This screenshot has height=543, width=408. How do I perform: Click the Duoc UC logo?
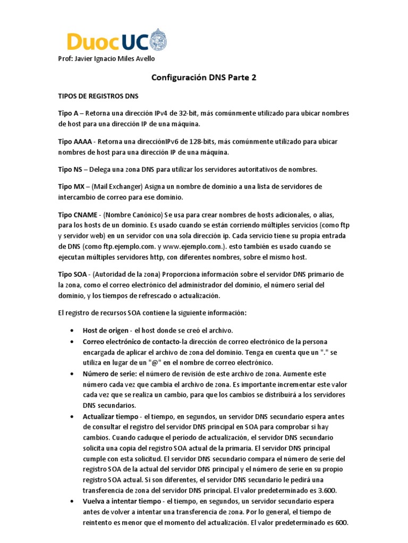click(x=112, y=41)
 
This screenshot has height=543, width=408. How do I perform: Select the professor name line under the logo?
click(x=107, y=58)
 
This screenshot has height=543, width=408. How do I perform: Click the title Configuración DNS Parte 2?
click(x=204, y=77)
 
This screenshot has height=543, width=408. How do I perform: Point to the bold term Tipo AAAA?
click(x=75, y=142)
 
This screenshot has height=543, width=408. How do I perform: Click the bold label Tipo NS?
click(x=70, y=170)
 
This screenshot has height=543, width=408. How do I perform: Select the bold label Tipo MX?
click(x=70, y=187)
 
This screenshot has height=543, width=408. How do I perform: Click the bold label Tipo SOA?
click(x=72, y=274)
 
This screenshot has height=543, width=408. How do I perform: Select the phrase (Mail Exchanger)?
click(x=121, y=187)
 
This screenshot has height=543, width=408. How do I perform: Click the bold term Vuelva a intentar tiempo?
click(x=122, y=501)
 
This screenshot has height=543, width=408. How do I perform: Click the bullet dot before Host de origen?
click(x=72, y=330)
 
